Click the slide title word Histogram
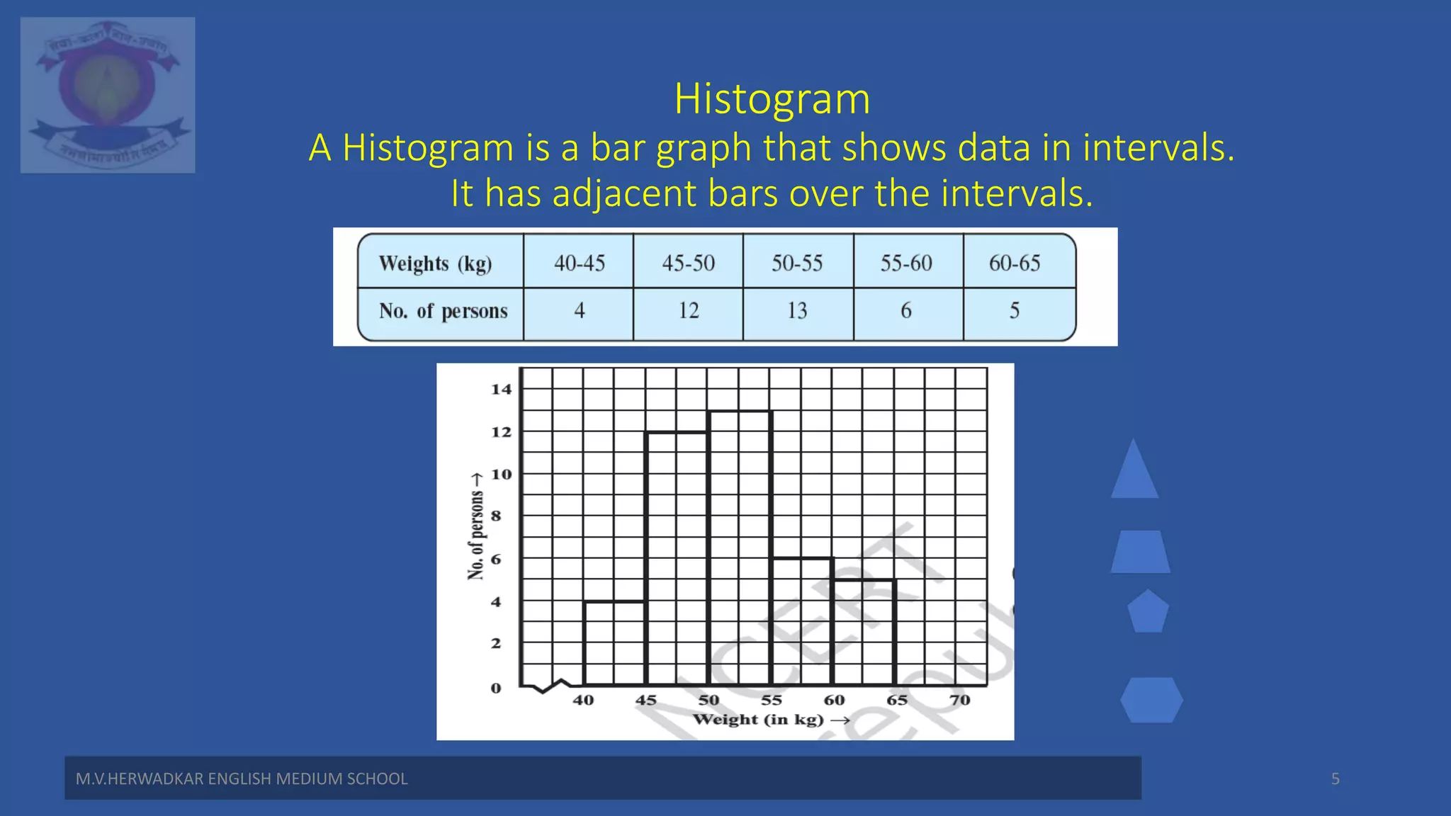(x=772, y=98)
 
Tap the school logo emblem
(x=108, y=95)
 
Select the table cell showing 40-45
(x=579, y=263)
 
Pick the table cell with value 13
(x=797, y=310)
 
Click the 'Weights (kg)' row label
(x=435, y=263)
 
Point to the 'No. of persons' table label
(x=443, y=311)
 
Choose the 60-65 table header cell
(x=1014, y=263)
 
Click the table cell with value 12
(x=688, y=310)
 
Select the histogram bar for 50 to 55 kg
(x=740, y=549)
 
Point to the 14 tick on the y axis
(x=501, y=389)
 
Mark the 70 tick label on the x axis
(x=959, y=700)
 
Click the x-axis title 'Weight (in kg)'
(x=758, y=720)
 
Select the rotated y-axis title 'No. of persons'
(x=476, y=535)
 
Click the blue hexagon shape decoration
(x=1151, y=700)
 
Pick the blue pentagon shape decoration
(x=1148, y=612)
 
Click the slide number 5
(x=1335, y=778)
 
